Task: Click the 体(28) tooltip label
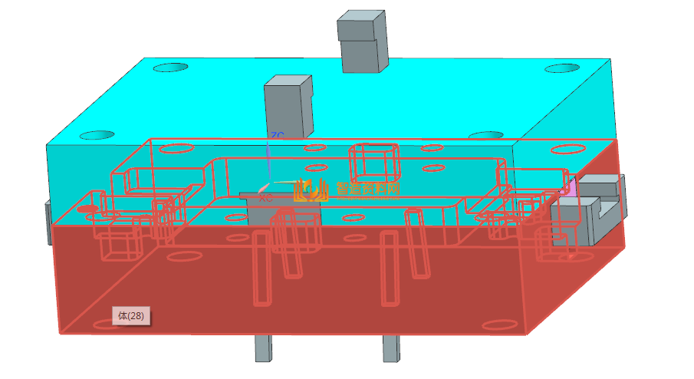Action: pos(130,315)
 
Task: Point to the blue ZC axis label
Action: pos(277,136)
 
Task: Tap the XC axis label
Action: pos(265,198)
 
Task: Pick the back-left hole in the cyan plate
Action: pos(170,68)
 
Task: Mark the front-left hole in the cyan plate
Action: pos(97,135)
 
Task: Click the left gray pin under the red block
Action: pos(263,349)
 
